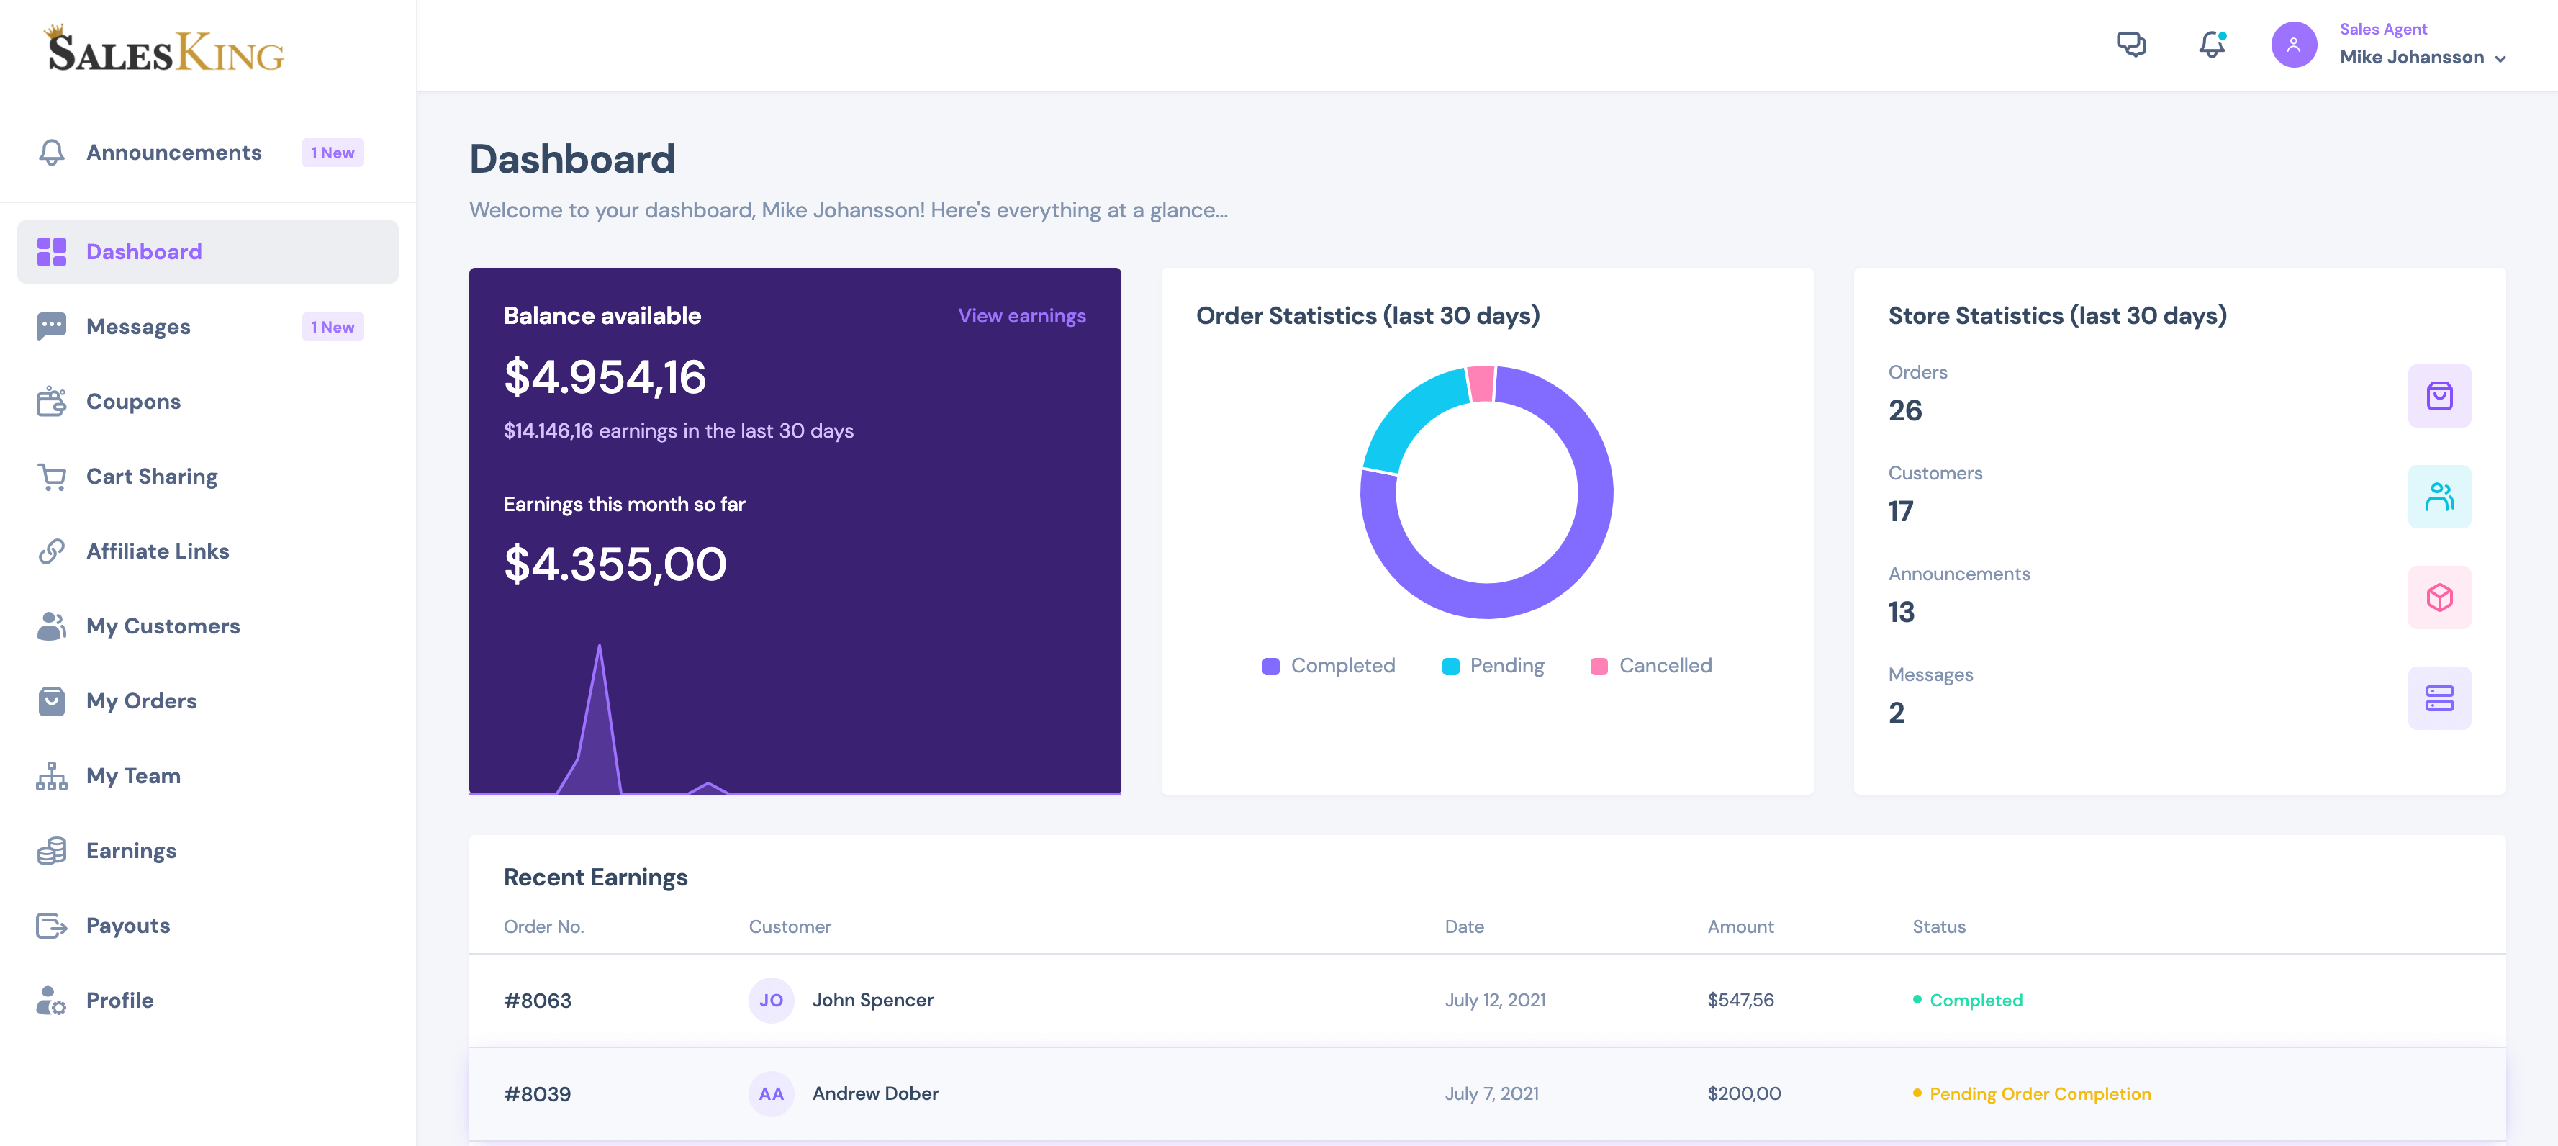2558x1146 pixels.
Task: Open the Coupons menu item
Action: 133,401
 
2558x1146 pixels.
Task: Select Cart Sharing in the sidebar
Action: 151,477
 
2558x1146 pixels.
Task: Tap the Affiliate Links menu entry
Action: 157,551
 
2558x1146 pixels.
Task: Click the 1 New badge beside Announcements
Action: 333,153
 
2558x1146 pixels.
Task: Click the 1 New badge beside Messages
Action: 333,327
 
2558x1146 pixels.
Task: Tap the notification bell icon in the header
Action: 2210,45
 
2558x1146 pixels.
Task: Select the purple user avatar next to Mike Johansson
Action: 2293,45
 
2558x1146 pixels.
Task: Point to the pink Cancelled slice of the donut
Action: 1481,384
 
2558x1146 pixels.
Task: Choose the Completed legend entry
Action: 1329,665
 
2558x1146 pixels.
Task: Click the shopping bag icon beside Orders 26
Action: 2438,396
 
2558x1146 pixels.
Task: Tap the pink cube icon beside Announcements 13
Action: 2438,597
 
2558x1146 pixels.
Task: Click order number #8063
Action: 537,1000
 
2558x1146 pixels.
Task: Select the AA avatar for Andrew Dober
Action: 771,1093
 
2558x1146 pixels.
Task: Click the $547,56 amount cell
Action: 1740,1000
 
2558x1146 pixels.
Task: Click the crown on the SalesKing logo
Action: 55,31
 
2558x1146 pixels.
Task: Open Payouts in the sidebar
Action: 127,926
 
